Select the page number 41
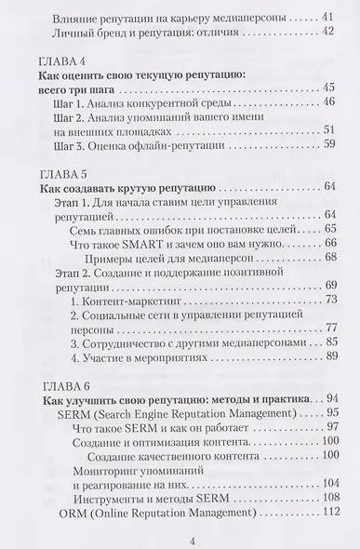327,17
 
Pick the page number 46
327,103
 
